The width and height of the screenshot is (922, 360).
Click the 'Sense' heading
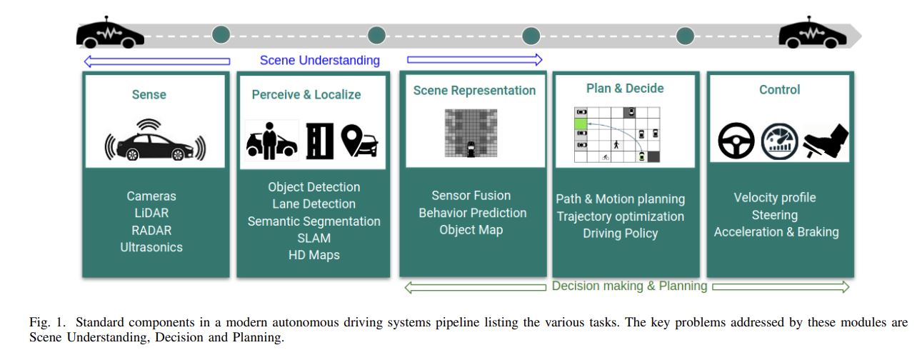coord(149,94)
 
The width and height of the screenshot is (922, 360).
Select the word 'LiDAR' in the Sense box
coord(151,213)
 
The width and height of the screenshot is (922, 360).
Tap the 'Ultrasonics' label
coord(151,247)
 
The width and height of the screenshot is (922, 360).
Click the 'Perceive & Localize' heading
coord(306,94)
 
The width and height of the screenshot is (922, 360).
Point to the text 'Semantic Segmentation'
coord(314,221)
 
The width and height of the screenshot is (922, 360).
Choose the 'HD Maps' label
coord(314,255)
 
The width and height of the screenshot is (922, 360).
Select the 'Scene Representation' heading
coord(473,91)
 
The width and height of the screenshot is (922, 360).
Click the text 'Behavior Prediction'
coord(472,213)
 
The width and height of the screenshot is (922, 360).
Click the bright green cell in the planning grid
coord(581,124)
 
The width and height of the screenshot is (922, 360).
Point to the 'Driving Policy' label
coord(620,234)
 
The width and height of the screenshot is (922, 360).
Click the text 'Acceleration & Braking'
coord(776,232)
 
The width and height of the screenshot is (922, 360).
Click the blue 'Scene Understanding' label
coord(319,61)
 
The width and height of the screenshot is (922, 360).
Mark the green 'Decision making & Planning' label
coord(628,286)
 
